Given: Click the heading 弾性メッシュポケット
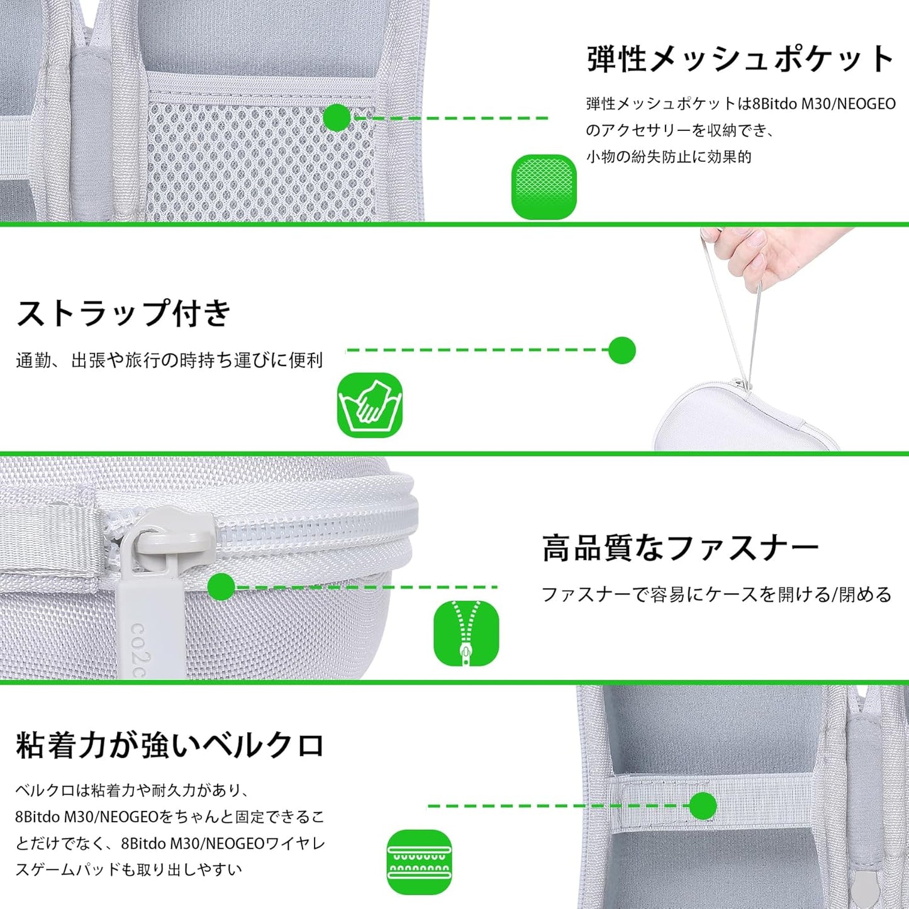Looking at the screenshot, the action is click(740, 59).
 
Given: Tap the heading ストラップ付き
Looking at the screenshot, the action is click(123, 313).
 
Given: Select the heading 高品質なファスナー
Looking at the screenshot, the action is click(681, 548).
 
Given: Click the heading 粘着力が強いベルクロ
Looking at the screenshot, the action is click(170, 745).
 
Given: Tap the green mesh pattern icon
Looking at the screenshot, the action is click(544, 187).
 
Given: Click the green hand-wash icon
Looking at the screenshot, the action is click(370, 404).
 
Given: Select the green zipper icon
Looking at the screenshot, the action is click(466, 633).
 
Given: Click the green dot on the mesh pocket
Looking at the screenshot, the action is click(337, 118).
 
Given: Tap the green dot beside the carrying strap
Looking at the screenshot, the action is click(622, 350).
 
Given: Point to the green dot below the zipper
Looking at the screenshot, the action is click(221, 587).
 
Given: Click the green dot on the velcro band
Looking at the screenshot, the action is click(703, 806).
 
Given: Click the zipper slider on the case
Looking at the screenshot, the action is click(170, 533).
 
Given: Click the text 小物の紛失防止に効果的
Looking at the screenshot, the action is click(669, 157).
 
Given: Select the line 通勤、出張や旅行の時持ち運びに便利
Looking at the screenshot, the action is click(169, 360).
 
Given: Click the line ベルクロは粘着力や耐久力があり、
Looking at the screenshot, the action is click(132, 790).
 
